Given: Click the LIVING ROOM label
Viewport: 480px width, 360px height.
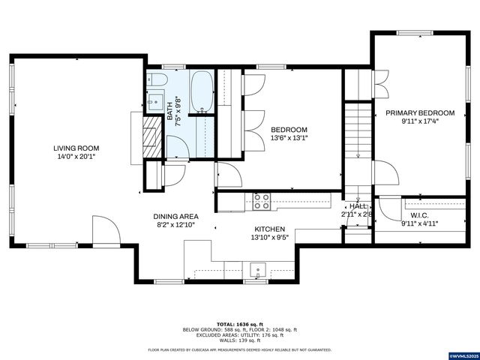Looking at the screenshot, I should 76,148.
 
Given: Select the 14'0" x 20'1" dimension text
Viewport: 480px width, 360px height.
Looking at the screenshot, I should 76,157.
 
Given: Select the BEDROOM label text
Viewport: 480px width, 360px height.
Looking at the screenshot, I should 289,129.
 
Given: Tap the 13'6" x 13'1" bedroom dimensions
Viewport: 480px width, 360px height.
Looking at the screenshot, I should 289,138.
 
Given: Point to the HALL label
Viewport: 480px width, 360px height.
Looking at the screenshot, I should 358,205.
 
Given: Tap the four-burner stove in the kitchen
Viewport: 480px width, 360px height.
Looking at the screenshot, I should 262,200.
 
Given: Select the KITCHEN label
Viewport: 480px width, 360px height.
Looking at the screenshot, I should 271,228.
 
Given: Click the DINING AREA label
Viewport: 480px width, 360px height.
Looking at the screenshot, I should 176,216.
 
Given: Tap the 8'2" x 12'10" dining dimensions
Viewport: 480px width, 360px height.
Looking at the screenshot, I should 176,224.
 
